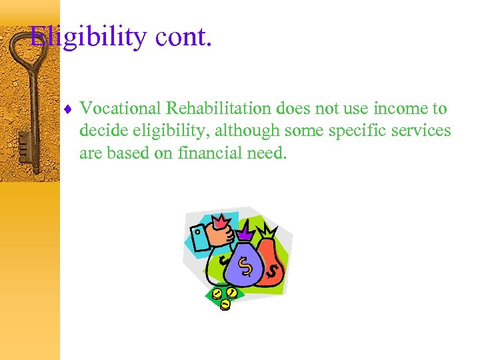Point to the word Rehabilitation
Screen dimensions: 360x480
pos(219,108)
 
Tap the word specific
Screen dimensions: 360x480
pos(357,131)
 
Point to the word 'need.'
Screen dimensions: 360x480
pos(268,153)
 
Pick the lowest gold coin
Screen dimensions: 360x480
pos(225,305)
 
